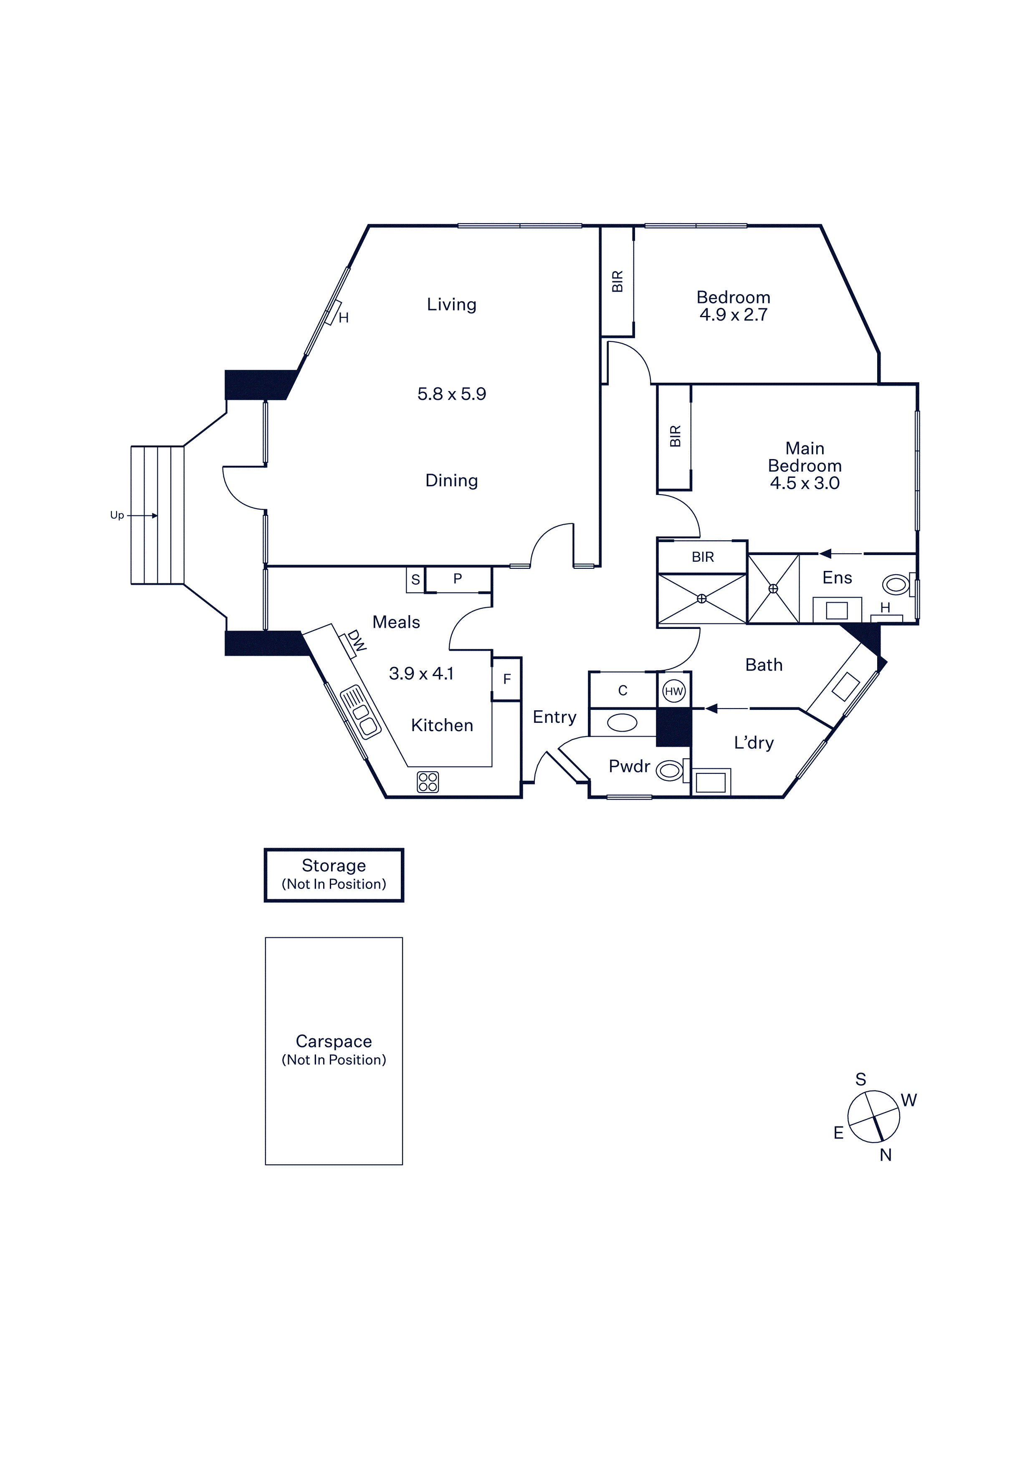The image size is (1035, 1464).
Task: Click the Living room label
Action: (451, 305)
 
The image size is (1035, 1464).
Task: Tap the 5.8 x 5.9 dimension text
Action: (451, 394)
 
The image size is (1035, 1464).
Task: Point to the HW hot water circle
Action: (674, 691)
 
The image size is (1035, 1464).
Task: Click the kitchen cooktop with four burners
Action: (428, 782)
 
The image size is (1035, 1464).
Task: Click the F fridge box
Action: (507, 679)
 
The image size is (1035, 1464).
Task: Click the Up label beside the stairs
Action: (117, 515)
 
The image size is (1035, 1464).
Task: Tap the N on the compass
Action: (886, 1155)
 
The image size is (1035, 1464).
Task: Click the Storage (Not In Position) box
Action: (334, 875)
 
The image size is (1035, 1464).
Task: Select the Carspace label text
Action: (334, 1041)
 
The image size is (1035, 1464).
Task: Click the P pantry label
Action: (457, 579)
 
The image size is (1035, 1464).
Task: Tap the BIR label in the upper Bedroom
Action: (617, 282)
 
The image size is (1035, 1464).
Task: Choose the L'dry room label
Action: (754, 743)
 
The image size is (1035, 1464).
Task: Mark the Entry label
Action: (554, 717)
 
